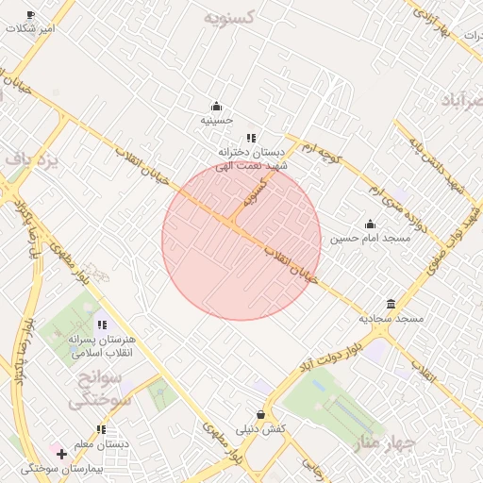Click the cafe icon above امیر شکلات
[x=30, y=15]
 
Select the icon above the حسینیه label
[x=217, y=106]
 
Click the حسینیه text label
[x=217, y=121]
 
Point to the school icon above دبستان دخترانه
[x=251, y=138]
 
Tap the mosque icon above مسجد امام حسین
[x=370, y=225]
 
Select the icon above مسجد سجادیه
[x=391, y=303]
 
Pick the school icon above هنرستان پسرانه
[x=102, y=325]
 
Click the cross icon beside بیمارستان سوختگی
[x=61, y=455]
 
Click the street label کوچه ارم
[x=319, y=149]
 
